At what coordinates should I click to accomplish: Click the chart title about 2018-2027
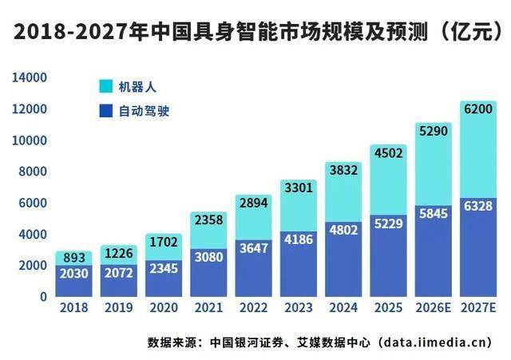click(255, 33)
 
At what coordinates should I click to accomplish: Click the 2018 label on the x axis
click(73, 305)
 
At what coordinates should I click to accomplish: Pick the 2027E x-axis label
click(478, 305)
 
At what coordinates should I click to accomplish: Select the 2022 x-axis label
click(253, 305)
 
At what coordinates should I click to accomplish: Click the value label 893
click(73, 258)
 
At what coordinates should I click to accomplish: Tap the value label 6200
click(478, 108)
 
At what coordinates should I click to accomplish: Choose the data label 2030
click(73, 273)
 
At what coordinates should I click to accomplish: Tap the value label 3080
click(208, 256)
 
